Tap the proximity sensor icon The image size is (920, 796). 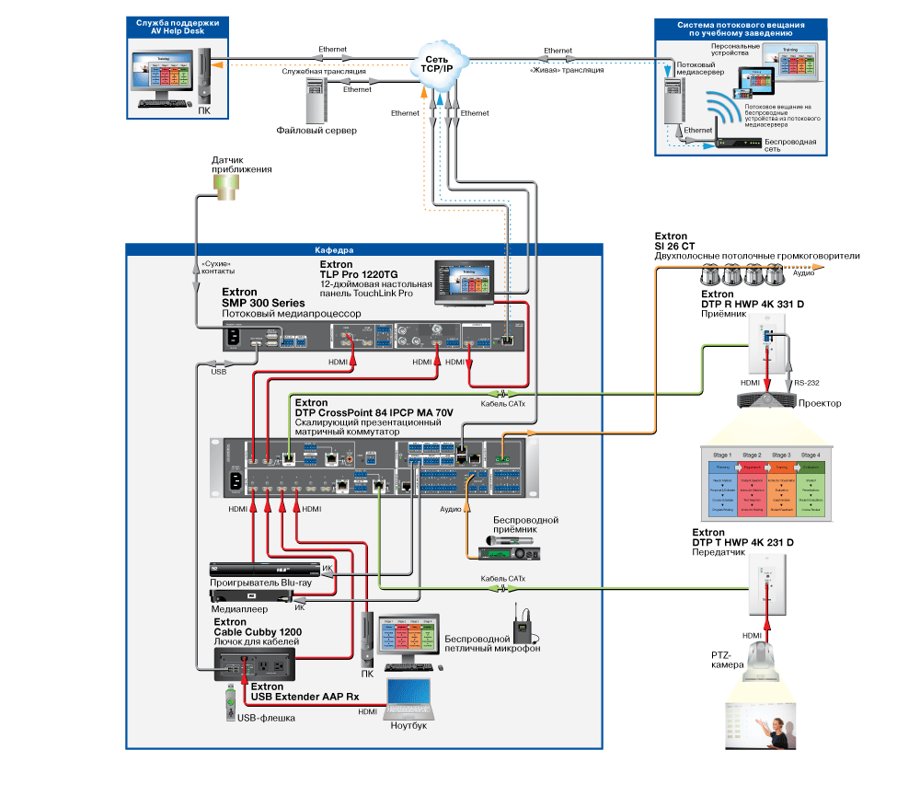(225, 187)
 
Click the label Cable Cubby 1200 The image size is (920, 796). (258, 632)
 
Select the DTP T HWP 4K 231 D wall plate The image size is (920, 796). (765, 589)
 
